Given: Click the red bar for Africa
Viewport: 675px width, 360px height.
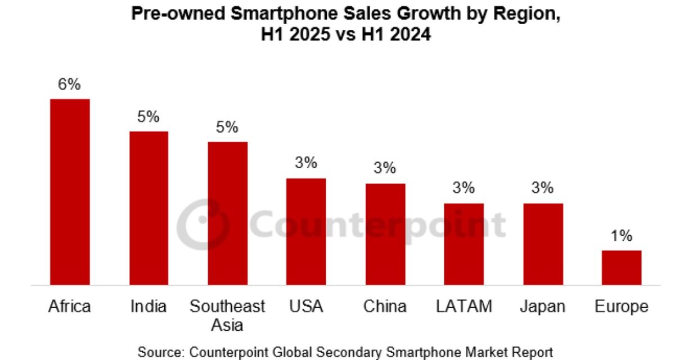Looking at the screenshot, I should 70,192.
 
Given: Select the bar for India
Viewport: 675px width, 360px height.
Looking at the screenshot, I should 148,208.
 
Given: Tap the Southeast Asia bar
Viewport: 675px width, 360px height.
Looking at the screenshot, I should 227,213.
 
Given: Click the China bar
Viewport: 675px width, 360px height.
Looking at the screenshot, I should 385,234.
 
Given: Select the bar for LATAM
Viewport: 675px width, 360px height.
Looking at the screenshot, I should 464,244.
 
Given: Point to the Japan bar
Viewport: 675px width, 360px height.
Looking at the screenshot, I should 543,244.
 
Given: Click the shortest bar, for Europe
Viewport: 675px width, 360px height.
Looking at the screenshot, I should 622,268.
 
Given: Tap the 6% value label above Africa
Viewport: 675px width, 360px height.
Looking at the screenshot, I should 70,85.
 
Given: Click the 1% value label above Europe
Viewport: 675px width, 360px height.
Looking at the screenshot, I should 622,236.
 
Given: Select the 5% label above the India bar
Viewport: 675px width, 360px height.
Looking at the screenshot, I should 148,117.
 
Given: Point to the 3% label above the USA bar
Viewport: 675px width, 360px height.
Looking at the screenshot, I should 306,164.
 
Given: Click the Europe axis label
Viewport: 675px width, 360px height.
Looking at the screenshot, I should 622,307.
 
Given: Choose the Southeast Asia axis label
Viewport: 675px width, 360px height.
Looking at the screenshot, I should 227,315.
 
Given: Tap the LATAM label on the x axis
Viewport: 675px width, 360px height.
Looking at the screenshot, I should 464,307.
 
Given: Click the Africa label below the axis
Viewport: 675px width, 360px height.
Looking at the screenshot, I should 70,307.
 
